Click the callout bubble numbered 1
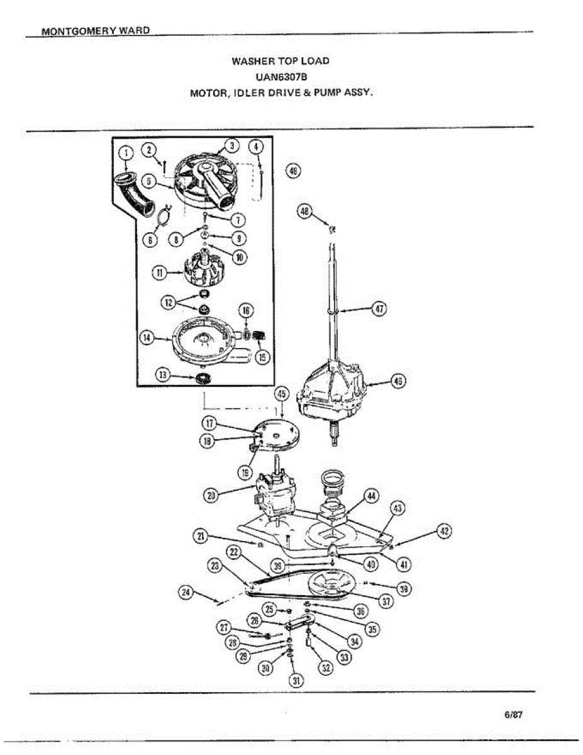[x=126, y=152]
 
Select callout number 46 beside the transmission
[x=397, y=381]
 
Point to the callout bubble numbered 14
[x=147, y=338]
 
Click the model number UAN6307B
[x=281, y=77]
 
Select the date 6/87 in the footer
[x=513, y=715]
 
